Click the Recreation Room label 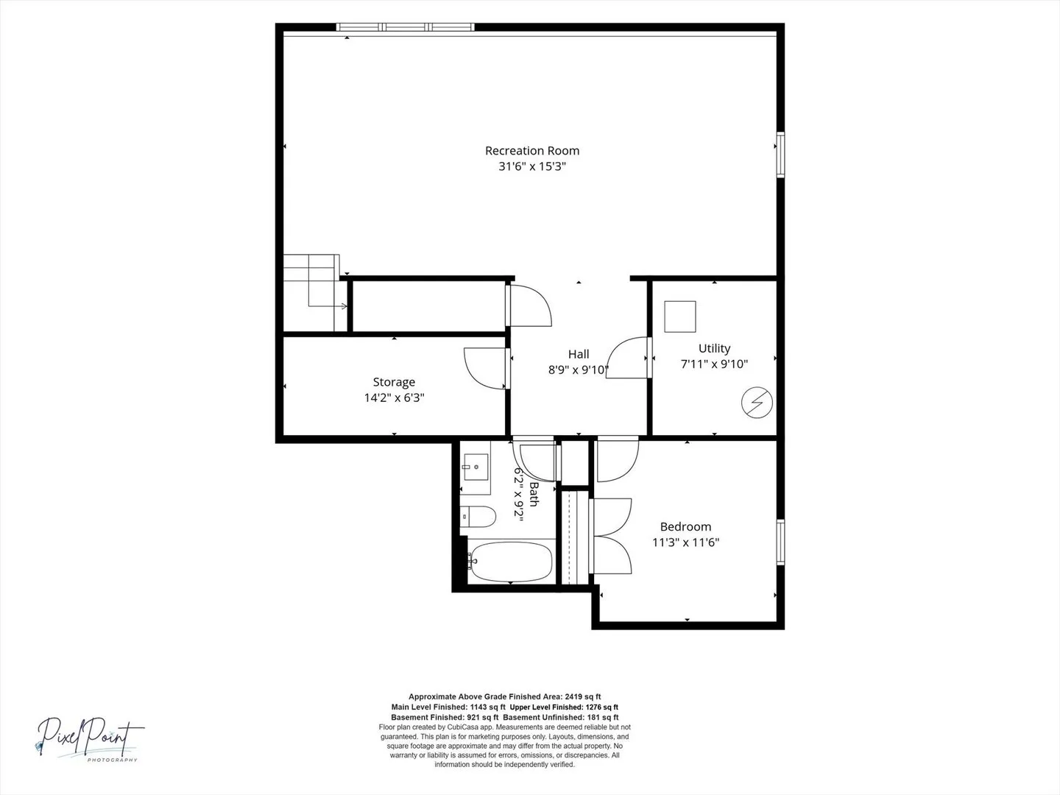click(532, 151)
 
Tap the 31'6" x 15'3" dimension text click(532, 166)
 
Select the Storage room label click(394, 382)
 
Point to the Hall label click(579, 354)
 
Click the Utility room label click(714, 348)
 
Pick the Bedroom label click(686, 526)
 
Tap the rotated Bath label click(534, 494)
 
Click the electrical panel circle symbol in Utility click(757, 402)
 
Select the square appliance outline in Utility click(680, 317)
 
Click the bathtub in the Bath click(510, 562)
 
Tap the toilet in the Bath click(478, 517)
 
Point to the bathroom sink click(476, 467)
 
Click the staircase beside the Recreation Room click(315, 292)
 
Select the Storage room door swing click(486, 368)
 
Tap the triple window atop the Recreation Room click(405, 27)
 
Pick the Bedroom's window click(780, 542)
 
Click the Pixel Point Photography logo click(91, 739)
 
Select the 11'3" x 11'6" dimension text click(686, 543)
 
